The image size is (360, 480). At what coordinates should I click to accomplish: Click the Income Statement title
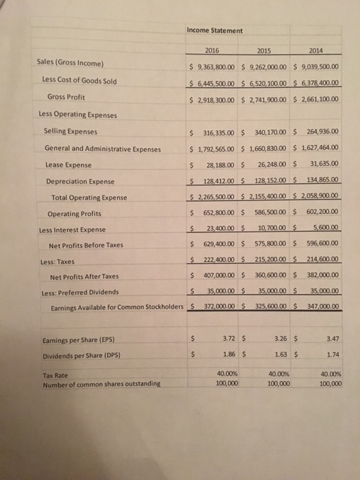coord(214,30)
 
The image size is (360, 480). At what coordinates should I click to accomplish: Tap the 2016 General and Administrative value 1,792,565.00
coord(219,149)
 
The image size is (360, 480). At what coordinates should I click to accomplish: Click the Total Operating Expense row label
coord(89,198)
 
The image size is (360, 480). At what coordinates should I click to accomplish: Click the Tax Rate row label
coord(56,375)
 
